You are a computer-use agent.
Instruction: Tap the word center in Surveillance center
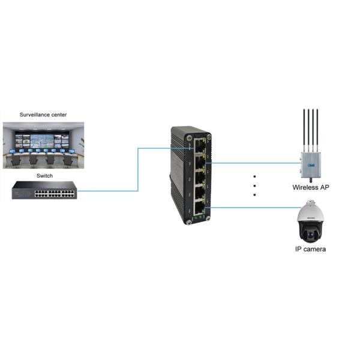click(59, 114)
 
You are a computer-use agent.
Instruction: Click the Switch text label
click(44, 176)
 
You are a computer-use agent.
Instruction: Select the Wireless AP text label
click(310, 187)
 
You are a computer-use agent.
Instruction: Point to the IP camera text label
click(310, 248)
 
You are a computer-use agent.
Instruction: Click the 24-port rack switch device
click(44, 191)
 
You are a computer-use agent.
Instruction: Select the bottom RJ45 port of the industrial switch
click(199, 208)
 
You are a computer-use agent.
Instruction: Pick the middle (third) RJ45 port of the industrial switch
click(199, 177)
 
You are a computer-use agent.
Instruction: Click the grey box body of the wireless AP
click(310, 161)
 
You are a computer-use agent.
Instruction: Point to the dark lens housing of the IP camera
click(310, 230)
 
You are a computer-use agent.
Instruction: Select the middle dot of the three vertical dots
click(254, 185)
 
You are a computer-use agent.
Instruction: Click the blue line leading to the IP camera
click(252, 208)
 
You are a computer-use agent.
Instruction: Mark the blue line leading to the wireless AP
click(252, 162)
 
